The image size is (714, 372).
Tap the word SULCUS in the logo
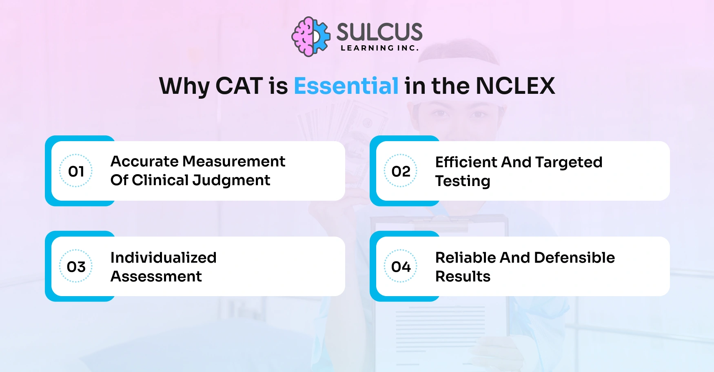pyautogui.click(x=379, y=32)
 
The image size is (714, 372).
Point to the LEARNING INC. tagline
pyautogui.click(x=379, y=48)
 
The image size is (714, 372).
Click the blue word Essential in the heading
pyautogui.click(x=346, y=86)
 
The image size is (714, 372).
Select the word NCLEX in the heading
pyautogui.click(x=515, y=86)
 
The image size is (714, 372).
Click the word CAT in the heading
pyautogui.click(x=239, y=86)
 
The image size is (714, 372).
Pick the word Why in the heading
pyautogui.click(x=184, y=87)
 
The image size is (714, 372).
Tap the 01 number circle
pyautogui.click(x=76, y=171)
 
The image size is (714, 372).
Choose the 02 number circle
pyautogui.click(x=401, y=171)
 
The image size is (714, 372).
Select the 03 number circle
pyautogui.click(x=76, y=266)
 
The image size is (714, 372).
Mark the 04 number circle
pyautogui.click(x=401, y=266)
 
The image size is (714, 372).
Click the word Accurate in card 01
pyautogui.click(x=144, y=162)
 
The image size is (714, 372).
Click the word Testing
pyautogui.click(x=463, y=182)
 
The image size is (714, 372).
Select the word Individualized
pyautogui.click(x=163, y=257)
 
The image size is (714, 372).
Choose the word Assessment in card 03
pyautogui.click(x=156, y=277)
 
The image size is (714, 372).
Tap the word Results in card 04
pyautogui.click(x=463, y=277)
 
